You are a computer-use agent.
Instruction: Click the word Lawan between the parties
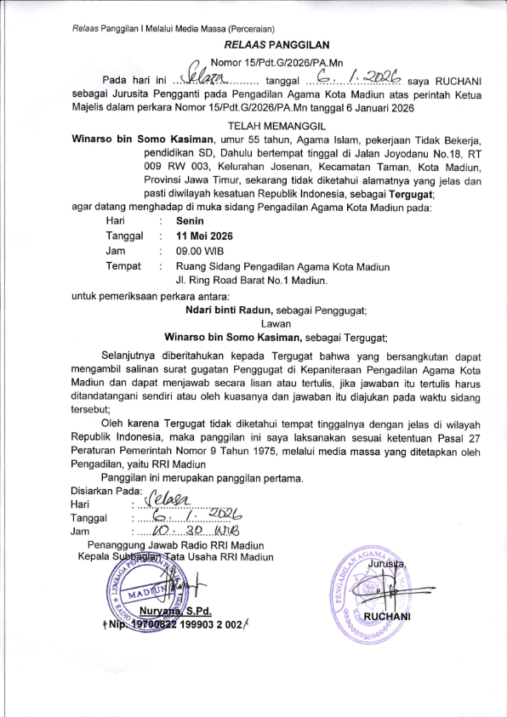(x=276, y=323)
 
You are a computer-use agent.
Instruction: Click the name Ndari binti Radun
(x=228, y=310)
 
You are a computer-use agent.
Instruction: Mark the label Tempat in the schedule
(x=123, y=266)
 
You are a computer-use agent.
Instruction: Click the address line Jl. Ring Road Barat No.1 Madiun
(x=252, y=280)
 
